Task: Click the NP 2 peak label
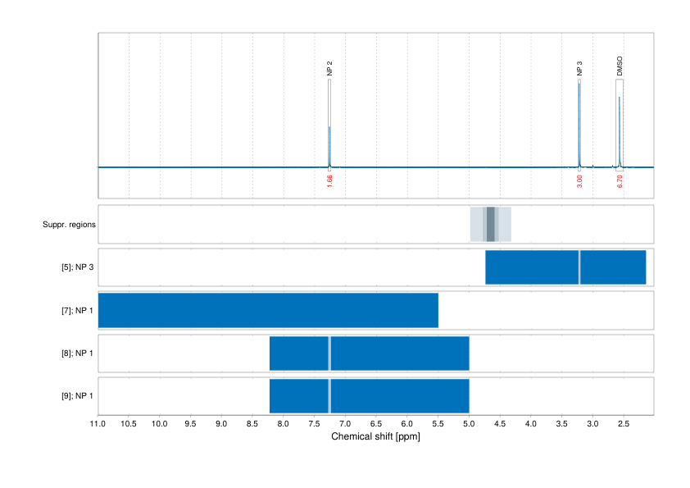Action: tap(329, 68)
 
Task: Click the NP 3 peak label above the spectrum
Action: tap(579, 68)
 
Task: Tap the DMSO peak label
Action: tap(620, 66)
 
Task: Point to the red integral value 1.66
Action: tap(329, 181)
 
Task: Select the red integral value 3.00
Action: tap(579, 181)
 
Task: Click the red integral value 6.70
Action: tap(620, 181)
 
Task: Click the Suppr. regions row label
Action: tap(69, 224)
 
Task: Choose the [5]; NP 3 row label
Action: tap(73, 267)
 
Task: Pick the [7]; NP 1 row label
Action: tap(73, 310)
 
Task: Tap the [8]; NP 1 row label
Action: tap(73, 353)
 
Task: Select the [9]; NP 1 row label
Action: tap(73, 396)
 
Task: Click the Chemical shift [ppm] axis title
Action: tap(375, 437)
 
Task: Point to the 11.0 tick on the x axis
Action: tap(98, 424)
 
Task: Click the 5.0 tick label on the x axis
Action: tap(469, 424)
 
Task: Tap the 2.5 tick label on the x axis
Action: tap(623, 424)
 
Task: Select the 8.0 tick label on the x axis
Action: tap(284, 424)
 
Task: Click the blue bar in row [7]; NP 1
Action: tap(268, 310)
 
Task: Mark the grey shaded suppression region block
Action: tap(491, 224)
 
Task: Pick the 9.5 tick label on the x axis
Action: tap(191, 424)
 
